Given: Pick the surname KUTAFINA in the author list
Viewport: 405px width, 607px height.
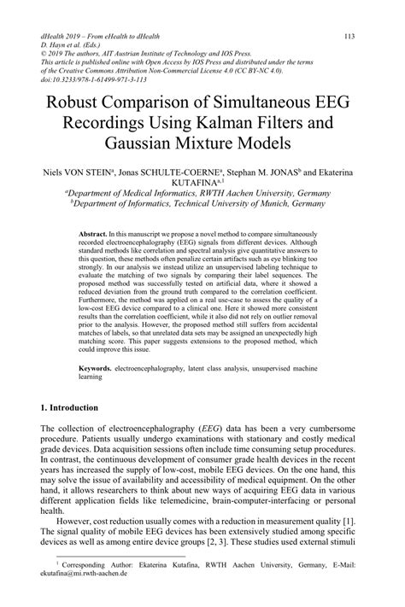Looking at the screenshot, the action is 197,182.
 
